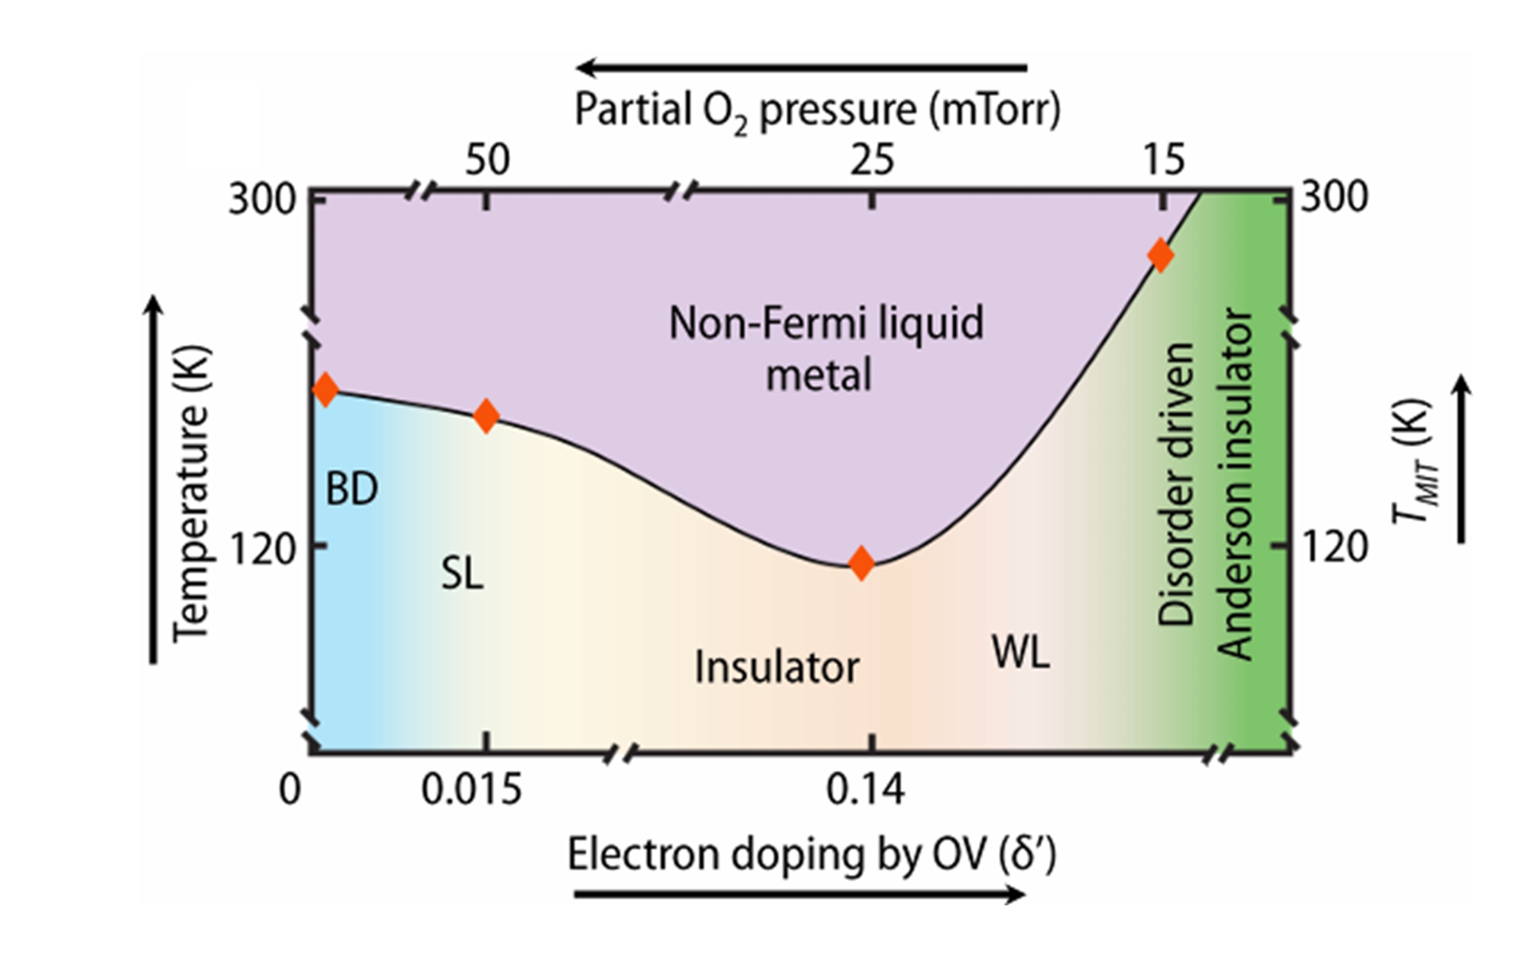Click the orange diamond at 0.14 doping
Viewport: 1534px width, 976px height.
click(862, 563)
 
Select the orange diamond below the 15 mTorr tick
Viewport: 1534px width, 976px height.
click(1160, 255)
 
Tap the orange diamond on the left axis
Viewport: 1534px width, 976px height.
click(326, 390)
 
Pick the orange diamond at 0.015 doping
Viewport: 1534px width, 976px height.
click(486, 416)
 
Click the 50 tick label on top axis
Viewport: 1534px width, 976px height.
click(487, 159)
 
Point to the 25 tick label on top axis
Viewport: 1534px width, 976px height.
click(872, 159)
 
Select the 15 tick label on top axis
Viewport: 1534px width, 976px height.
click(1164, 159)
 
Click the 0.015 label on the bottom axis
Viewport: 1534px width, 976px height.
click(472, 790)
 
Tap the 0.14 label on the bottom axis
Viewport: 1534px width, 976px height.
click(865, 790)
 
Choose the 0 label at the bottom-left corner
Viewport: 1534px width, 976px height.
click(290, 790)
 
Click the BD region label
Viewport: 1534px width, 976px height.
click(352, 489)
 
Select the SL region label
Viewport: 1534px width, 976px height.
click(463, 574)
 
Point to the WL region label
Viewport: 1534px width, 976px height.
click(1021, 653)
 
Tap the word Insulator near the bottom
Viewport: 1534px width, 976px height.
click(777, 667)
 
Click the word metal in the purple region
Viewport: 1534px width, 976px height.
click(819, 375)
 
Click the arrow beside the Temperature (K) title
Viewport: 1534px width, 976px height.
click(153, 479)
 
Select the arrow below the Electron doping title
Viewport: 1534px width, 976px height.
click(799, 895)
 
